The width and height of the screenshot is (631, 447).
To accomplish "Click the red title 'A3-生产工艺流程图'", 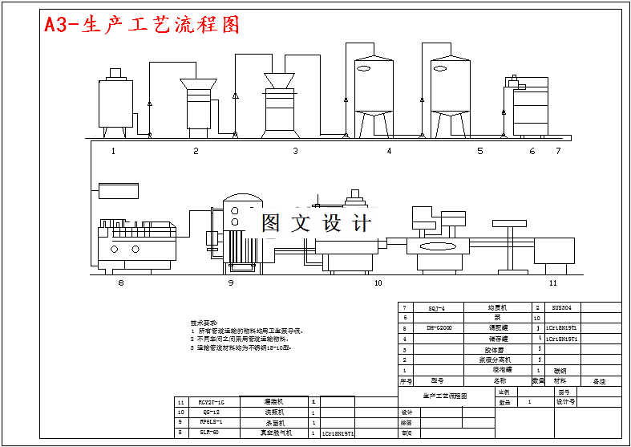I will (x=141, y=25).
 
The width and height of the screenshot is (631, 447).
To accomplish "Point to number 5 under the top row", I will (x=480, y=151).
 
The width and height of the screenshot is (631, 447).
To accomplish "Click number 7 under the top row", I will (x=559, y=151).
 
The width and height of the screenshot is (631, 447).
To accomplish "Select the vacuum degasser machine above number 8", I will (x=136, y=242).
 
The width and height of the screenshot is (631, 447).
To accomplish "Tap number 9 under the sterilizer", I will (x=231, y=283).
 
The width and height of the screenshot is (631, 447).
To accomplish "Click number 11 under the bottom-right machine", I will (x=552, y=283).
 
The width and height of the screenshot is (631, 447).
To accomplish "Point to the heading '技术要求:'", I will (x=204, y=323).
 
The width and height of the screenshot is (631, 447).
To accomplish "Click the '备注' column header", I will (x=599, y=381).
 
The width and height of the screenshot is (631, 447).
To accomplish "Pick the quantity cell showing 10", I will (x=537, y=318).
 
